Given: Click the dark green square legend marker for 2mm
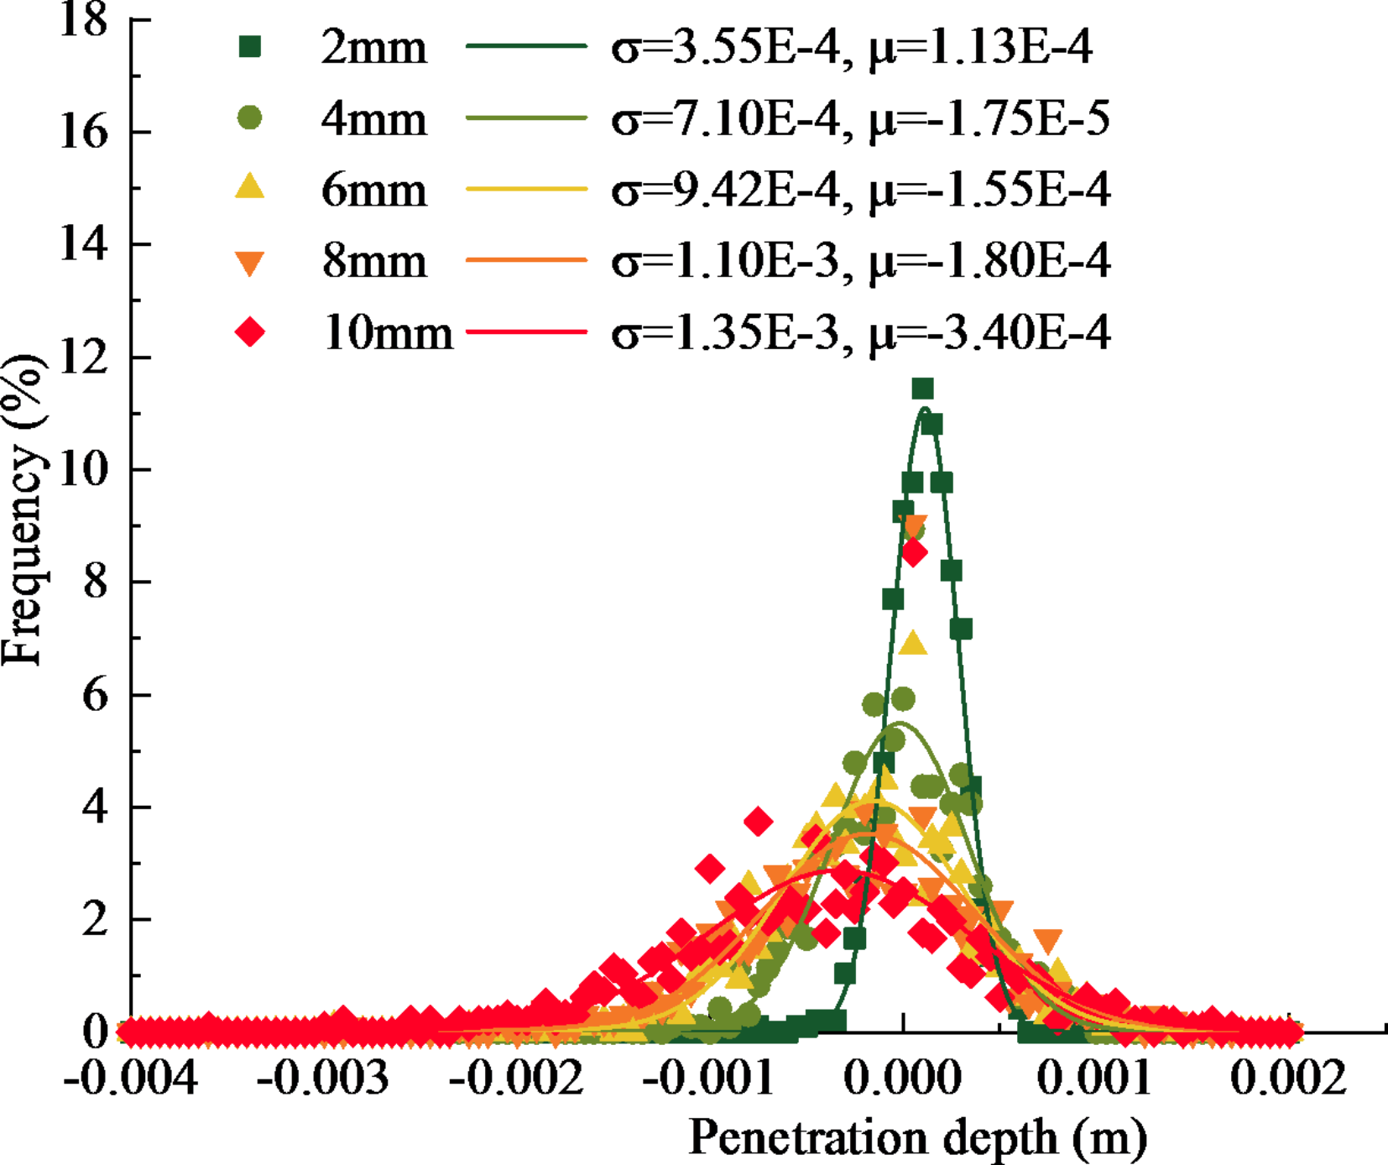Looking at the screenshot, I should [x=249, y=47].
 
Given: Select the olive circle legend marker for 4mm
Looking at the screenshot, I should [x=249, y=118].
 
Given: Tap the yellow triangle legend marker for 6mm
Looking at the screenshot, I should [x=249, y=187].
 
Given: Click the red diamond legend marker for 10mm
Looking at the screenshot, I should [x=249, y=332].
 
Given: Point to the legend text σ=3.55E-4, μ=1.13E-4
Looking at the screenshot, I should [x=851, y=47].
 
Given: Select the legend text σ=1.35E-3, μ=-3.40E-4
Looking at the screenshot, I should [x=860, y=333].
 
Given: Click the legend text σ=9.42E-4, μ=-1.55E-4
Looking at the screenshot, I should [x=860, y=190].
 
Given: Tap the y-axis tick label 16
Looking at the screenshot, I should [x=84, y=133].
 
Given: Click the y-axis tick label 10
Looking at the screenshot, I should [x=84, y=469].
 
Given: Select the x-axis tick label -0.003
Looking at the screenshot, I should [x=322, y=1078].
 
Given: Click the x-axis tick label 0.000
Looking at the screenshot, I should [x=902, y=1078].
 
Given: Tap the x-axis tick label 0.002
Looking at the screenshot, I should [x=1287, y=1078].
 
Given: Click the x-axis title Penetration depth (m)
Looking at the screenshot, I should [x=917, y=1138].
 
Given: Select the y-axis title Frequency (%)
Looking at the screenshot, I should [x=23, y=509].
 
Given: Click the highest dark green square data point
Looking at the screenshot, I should [x=922, y=389].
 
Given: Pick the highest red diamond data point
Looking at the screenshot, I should [x=913, y=553].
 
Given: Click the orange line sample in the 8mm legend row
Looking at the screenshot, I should [x=525, y=261].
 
